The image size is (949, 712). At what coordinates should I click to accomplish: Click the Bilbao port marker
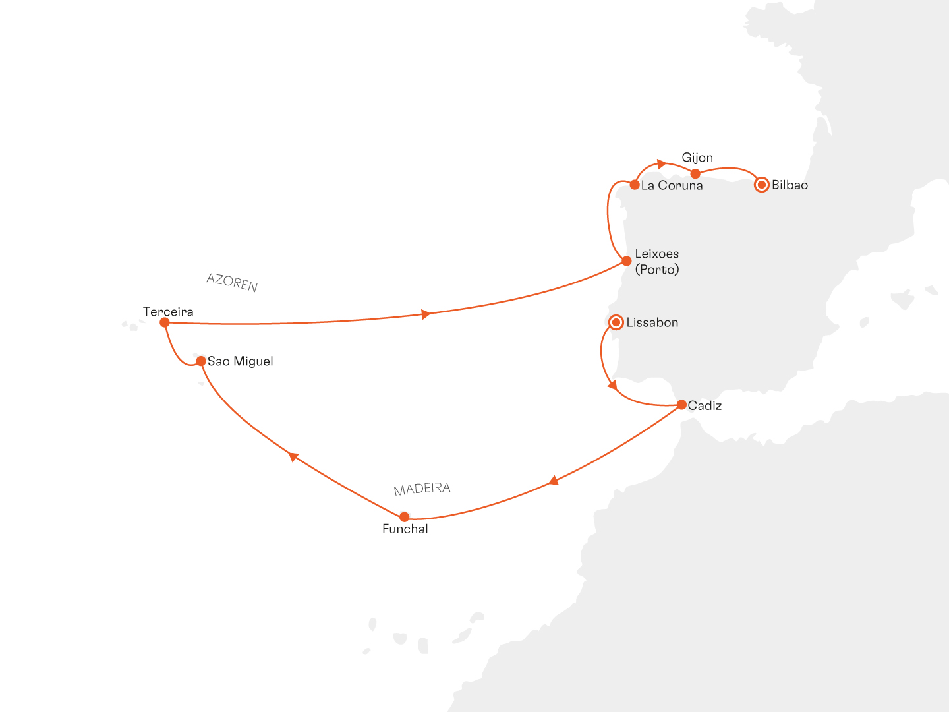(761, 185)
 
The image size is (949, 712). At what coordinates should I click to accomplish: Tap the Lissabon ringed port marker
(616, 322)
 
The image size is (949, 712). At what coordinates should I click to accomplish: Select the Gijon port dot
(695, 173)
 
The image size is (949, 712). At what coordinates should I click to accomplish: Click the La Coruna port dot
(635, 185)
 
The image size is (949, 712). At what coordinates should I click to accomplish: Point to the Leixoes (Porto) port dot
(627, 261)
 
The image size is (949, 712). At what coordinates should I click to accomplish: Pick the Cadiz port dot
(681, 405)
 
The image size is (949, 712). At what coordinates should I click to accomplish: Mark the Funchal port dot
(404, 517)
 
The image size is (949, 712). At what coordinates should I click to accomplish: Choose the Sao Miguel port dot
(201, 361)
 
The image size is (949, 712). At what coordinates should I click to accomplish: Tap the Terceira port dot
(165, 322)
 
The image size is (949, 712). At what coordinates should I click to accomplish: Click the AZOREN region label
(232, 283)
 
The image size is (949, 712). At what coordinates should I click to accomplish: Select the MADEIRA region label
(422, 489)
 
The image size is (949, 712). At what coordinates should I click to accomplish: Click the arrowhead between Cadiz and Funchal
(554, 481)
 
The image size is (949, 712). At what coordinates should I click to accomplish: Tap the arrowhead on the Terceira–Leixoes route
(426, 314)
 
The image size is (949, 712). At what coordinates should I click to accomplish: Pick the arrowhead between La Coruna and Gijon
(662, 163)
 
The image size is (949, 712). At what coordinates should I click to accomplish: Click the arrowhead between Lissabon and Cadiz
(612, 384)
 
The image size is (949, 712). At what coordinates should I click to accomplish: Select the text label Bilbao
(790, 185)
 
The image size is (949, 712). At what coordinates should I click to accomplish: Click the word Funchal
(405, 529)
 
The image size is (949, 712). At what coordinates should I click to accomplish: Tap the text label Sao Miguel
(240, 361)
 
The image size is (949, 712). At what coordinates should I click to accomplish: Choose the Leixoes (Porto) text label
(657, 262)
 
